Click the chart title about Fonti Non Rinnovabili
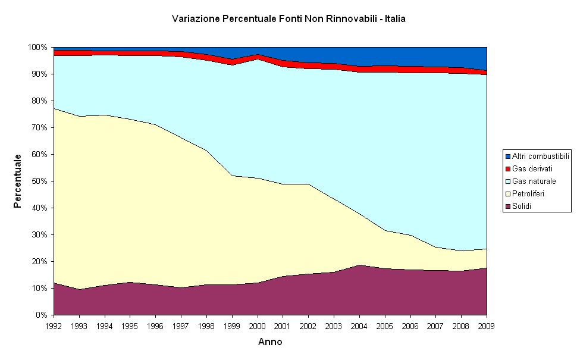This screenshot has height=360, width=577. pyautogui.click(x=288, y=19)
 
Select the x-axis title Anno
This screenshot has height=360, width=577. pyautogui.click(x=270, y=342)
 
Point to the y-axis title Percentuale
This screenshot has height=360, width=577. pyautogui.click(x=18, y=181)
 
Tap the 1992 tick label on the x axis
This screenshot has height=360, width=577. pyautogui.click(x=54, y=326)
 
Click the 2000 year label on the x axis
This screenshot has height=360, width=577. pyautogui.click(x=258, y=326)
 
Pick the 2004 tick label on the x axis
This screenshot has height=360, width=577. pyautogui.click(x=359, y=326)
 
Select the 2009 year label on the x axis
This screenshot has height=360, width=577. pyautogui.click(x=487, y=326)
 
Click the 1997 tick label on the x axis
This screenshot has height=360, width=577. pyautogui.click(x=181, y=326)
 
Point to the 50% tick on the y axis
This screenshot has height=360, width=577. pyautogui.click(x=39, y=181)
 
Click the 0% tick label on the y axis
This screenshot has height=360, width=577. pyautogui.click(x=41, y=315)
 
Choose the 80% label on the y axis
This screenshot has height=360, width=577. pyautogui.click(x=39, y=101)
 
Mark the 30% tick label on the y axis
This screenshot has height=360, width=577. pyautogui.click(x=39, y=234)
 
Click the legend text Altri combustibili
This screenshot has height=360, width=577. pyautogui.click(x=541, y=156)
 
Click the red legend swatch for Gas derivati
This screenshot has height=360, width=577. pyautogui.click(x=508, y=168)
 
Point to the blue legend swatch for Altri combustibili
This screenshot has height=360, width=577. pyautogui.click(x=508, y=156)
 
